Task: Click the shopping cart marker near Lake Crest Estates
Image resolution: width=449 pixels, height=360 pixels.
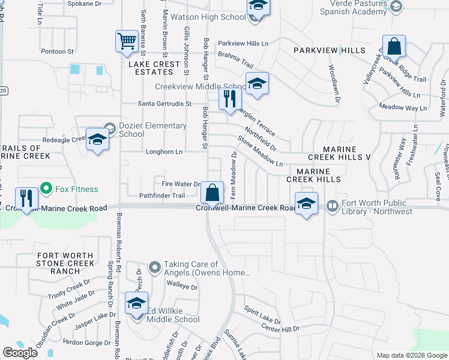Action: pyautogui.click(x=127, y=41)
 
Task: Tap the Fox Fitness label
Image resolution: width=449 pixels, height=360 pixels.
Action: pyautogui.click(x=76, y=189)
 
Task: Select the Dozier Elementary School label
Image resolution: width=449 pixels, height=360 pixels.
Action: pyautogui.click(x=152, y=130)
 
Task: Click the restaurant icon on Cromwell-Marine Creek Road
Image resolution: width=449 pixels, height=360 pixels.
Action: pyautogui.click(x=26, y=199)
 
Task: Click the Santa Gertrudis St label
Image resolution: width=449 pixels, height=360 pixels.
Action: pyautogui.click(x=164, y=103)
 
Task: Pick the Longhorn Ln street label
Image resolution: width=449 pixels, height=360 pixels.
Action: pyautogui.click(x=164, y=152)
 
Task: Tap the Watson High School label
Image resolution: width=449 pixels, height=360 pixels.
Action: pyautogui.click(x=208, y=17)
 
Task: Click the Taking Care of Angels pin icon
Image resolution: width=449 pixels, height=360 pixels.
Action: pyautogui.click(x=155, y=266)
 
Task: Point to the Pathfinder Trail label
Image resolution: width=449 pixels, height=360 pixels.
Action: pyautogui.click(x=162, y=196)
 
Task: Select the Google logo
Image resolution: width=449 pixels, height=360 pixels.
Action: pyautogui.click(x=20, y=352)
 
